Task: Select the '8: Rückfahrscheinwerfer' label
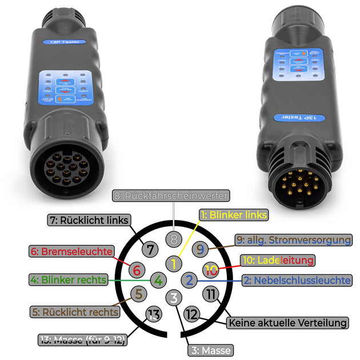click(171, 196)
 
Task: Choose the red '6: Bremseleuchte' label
click(70, 250)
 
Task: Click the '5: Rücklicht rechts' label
click(75, 312)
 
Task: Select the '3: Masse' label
click(210, 350)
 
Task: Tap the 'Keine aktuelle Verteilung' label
click(287, 323)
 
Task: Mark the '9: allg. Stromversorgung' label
click(293, 240)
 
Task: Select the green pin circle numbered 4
click(158, 280)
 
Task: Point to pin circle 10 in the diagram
click(211, 269)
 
